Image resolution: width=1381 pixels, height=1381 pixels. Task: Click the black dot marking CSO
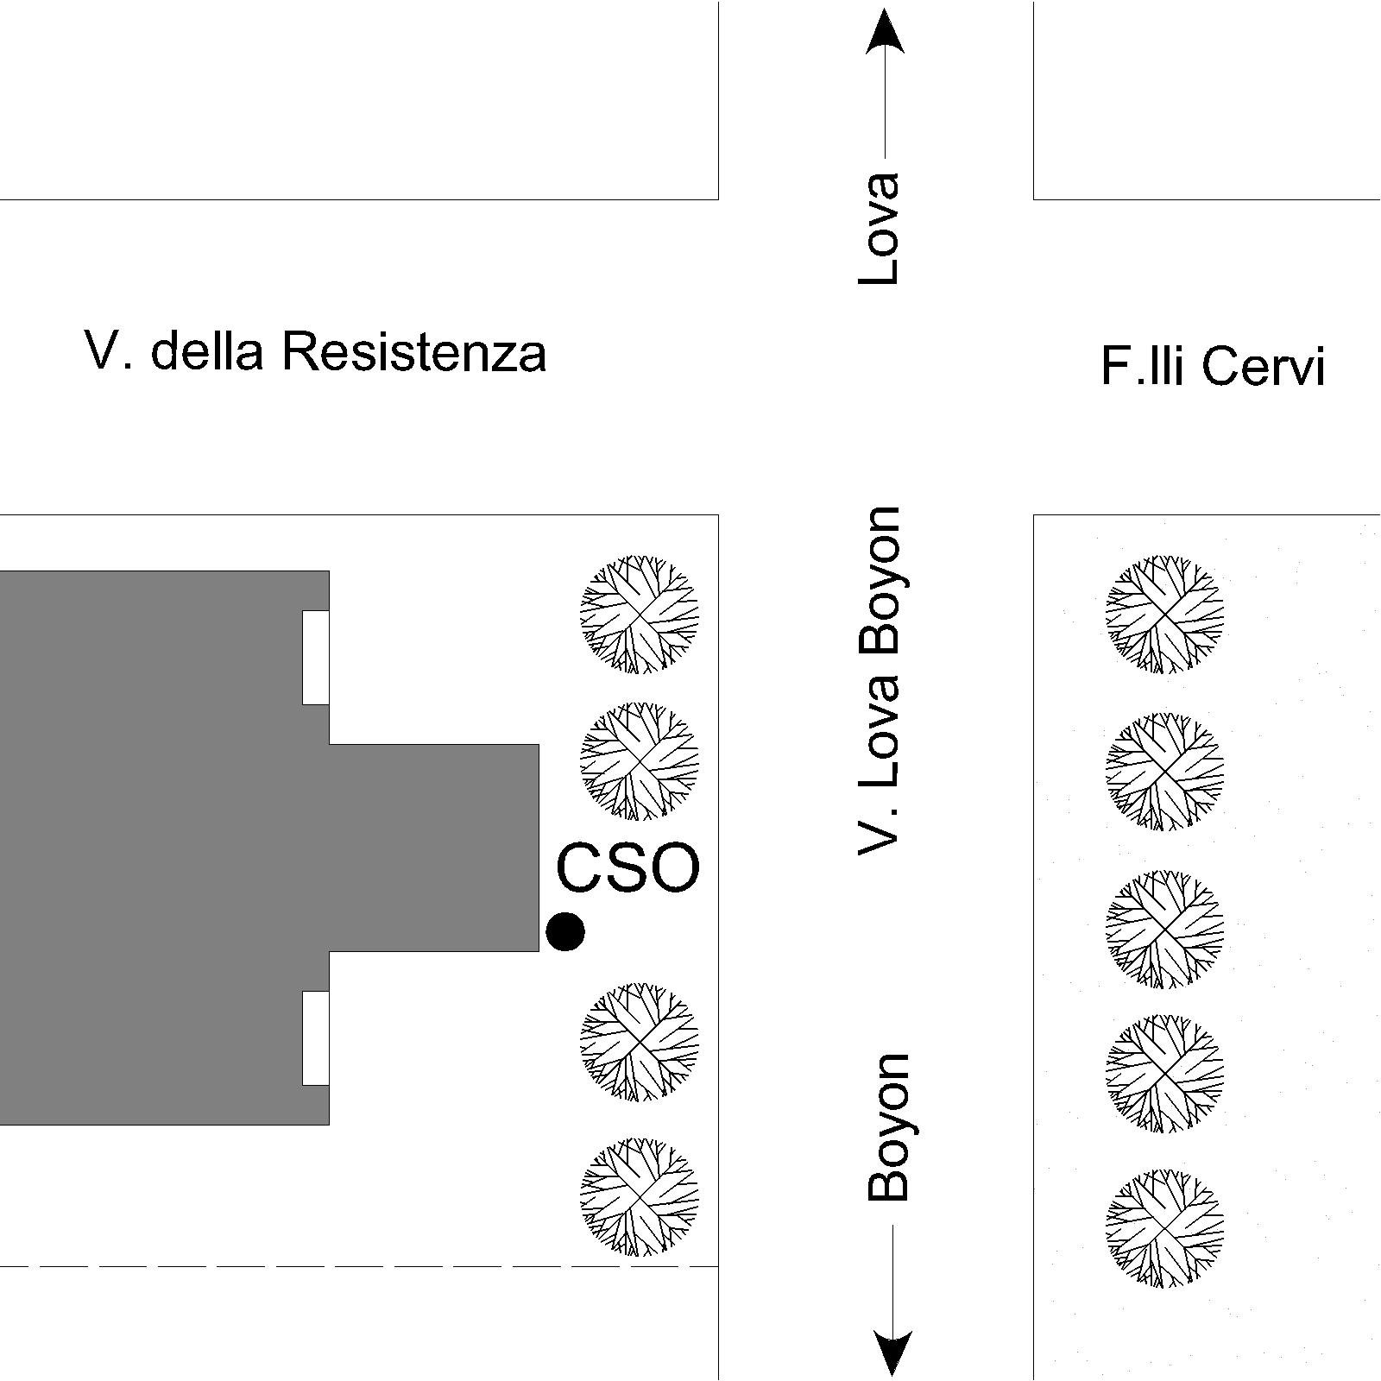coord(565,931)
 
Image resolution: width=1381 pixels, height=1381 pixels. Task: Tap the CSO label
coord(627,868)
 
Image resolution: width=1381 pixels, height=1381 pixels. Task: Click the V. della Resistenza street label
coord(315,351)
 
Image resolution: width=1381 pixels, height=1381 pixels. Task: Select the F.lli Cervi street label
coord(1213,365)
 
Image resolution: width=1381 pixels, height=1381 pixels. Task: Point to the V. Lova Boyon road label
coord(880,680)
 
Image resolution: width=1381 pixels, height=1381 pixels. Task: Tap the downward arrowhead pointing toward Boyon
coord(892,1351)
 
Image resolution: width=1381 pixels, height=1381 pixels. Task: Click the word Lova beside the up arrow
coord(880,229)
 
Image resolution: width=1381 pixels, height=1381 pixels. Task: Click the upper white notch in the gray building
coord(316,657)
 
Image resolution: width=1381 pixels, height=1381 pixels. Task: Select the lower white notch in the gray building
coord(316,1037)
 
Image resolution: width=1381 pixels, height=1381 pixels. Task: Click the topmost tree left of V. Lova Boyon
coord(639,614)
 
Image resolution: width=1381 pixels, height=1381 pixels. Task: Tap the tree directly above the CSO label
coord(639,760)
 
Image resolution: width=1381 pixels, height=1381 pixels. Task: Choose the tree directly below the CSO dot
coord(639,1041)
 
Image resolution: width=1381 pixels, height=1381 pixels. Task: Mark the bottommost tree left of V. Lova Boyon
coord(639,1196)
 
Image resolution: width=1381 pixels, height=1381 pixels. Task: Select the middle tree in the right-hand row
coord(1165,928)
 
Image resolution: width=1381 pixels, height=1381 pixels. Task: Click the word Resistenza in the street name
coord(414,351)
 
